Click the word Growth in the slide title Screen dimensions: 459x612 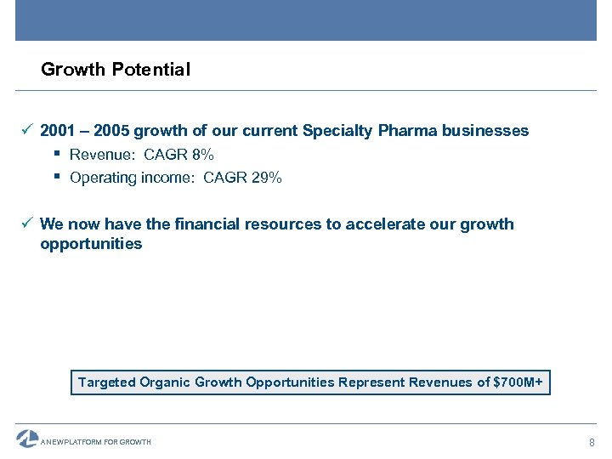pos(73,70)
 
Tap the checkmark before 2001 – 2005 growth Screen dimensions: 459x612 pos(27,130)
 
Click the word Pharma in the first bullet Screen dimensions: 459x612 pos(406,131)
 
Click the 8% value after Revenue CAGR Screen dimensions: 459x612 pos(203,155)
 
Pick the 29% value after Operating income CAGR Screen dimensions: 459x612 pos(266,178)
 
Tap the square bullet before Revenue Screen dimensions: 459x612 pos(56,154)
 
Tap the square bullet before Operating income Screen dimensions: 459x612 pos(56,177)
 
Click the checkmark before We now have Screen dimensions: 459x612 pos(27,224)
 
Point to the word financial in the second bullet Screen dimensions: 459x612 pos(207,224)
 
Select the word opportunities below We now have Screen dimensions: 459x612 pos(91,244)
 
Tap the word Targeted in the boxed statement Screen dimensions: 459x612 pos(107,382)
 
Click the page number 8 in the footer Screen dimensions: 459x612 pos(592,443)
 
